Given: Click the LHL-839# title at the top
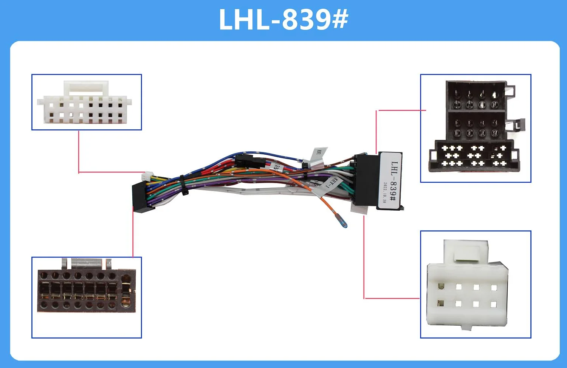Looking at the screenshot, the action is pyautogui.click(x=283, y=20).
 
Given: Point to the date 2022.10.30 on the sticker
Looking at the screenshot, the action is pyautogui.click(x=384, y=193).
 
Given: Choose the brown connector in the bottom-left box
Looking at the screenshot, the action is pyautogui.click(x=86, y=290).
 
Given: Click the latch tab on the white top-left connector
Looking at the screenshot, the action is pyautogui.click(x=86, y=88).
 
